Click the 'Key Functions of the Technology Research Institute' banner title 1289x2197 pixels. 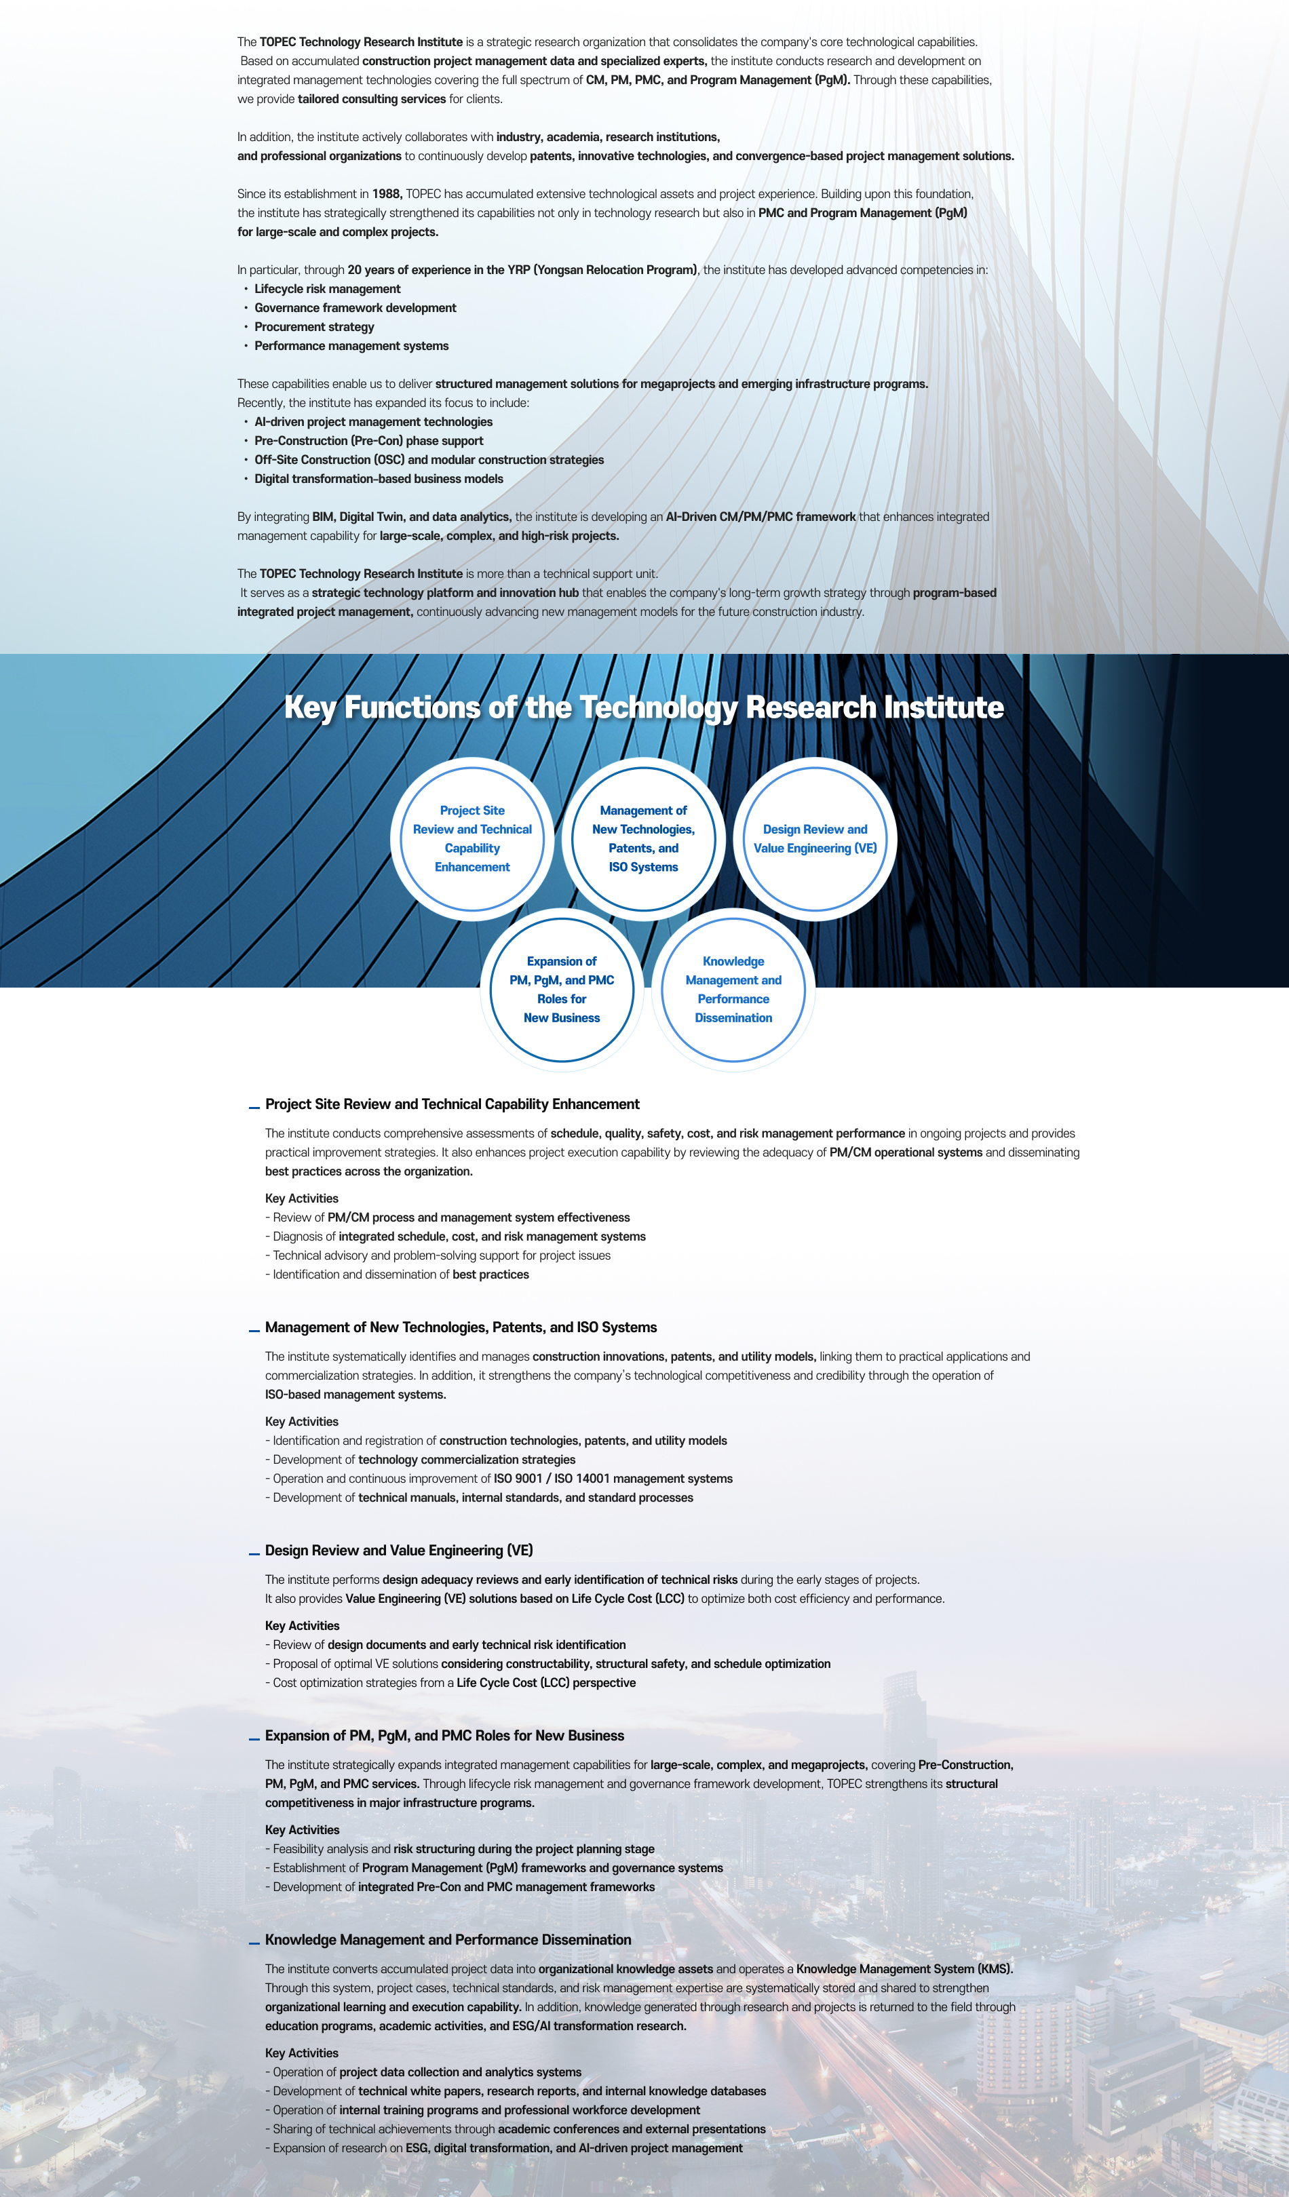point(644,707)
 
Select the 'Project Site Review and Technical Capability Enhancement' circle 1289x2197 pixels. point(472,838)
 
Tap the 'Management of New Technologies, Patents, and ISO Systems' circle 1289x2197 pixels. point(644,838)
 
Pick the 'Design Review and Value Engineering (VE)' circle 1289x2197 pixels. point(815,838)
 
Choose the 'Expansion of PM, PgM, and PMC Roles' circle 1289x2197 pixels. point(562,990)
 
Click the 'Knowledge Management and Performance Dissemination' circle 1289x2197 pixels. point(733,990)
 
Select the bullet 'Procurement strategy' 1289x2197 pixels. point(314,327)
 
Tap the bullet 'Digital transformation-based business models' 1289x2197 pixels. point(379,480)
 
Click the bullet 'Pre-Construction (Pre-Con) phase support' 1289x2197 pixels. point(368,441)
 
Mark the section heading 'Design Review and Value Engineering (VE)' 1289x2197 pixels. point(398,1550)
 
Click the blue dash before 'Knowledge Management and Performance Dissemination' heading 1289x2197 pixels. point(254,1941)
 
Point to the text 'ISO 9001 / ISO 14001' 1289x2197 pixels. point(561,1479)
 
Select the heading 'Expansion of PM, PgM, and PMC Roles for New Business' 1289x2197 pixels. point(444,1736)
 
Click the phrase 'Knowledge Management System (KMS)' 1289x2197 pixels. point(904,1968)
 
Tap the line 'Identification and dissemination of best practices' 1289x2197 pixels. point(400,1275)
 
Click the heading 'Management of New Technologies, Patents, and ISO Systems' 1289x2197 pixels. point(461,1327)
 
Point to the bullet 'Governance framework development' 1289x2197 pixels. point(355,309)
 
